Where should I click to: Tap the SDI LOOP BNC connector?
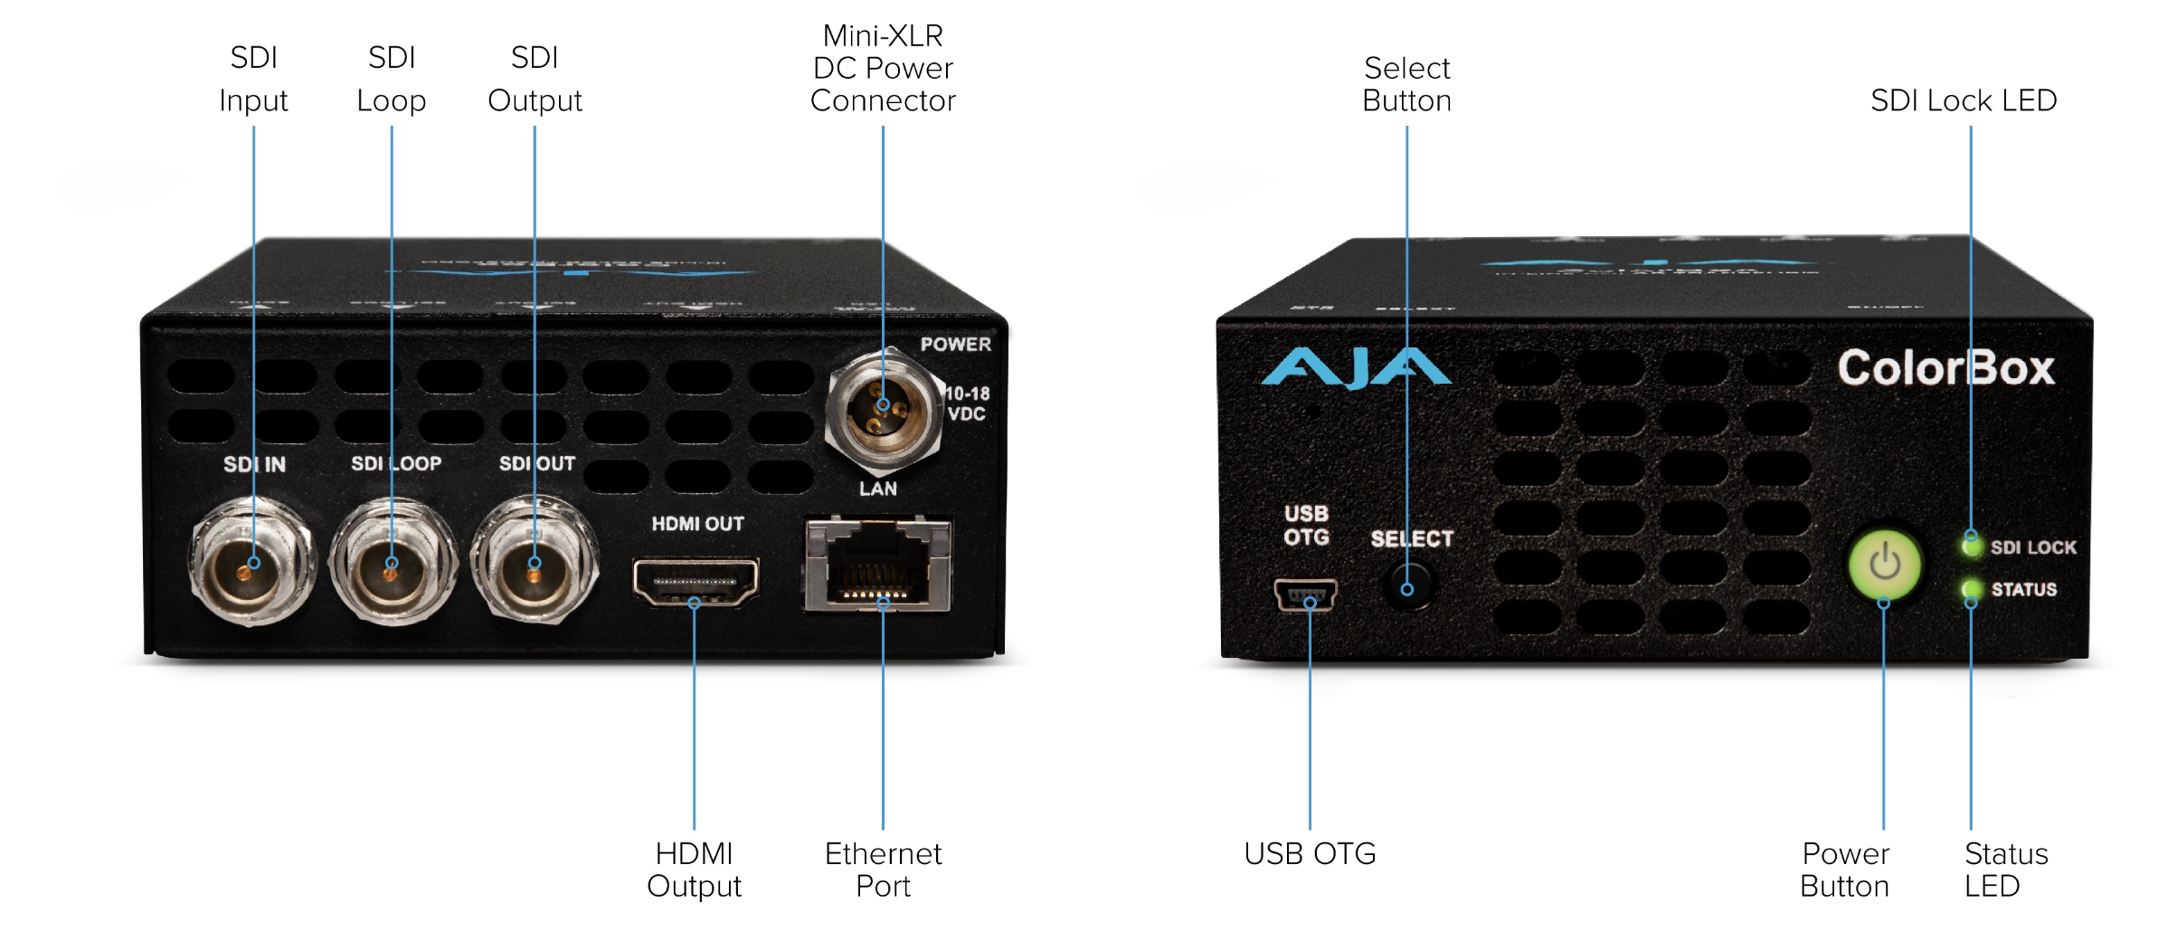pos(392,564)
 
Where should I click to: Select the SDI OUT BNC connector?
pos(534,564)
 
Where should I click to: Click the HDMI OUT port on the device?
pos(695,581)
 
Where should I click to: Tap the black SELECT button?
pos(1407,586)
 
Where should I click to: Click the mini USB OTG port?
pos(1306,595)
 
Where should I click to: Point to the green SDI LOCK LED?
pos(1971,545)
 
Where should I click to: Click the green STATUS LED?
pos(1971,589)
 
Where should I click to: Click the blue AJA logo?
pos(1355,368)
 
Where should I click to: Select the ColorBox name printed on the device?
pos(1945,368)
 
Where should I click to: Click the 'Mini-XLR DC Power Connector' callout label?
pos(883,69)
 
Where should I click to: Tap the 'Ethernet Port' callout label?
pos(883,869)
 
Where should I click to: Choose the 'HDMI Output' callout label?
pos(694,869)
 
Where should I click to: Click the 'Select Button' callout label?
pos(1406,84)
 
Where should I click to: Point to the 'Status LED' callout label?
pos(2005,869)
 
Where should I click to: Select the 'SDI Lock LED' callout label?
pos(1963,100)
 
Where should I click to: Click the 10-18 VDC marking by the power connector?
pos(967,404)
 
